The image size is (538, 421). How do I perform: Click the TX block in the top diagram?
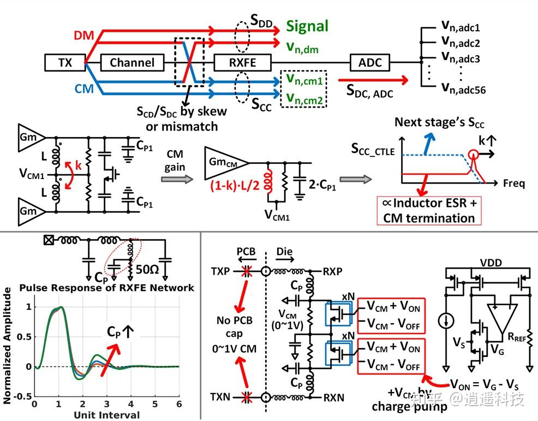click(65, 62)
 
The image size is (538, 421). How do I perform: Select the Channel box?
click(132, 62)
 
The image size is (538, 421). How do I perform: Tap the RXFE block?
click(243, 62)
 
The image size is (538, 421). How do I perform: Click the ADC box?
click(370, 62)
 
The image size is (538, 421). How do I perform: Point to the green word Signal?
click(308, 26)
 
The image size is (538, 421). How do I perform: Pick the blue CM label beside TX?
click(83, 88)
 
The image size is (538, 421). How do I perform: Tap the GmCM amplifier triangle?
click(225, 162)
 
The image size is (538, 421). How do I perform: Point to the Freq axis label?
click(513, 183)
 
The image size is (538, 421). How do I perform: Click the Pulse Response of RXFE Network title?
click(107, 287)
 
